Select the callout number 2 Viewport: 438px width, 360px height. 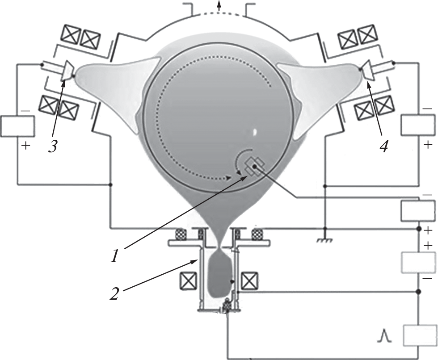[114, 293]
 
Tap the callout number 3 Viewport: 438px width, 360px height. [53, 146]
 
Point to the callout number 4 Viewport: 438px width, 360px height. [384, 146]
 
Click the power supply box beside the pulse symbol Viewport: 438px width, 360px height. [420, 335]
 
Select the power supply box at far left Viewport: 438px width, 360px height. [17, 126]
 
